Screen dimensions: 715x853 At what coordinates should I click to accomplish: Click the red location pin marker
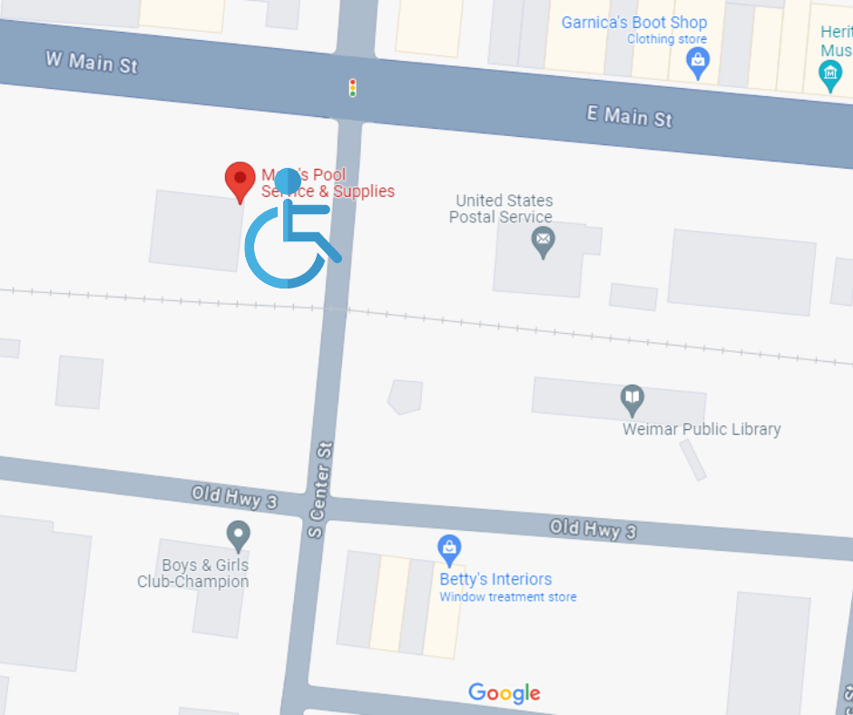pos(240,179)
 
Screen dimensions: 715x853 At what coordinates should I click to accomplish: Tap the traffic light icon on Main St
pos(353,88)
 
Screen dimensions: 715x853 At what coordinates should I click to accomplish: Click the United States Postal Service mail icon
pos(543,241)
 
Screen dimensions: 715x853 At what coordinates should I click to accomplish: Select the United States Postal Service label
pos(503,209)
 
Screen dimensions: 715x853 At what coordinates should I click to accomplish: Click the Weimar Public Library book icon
pos(632,397)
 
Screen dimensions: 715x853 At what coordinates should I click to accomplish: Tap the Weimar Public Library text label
pos(701,429)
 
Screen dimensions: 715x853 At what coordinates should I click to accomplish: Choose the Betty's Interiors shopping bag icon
pos(449,547)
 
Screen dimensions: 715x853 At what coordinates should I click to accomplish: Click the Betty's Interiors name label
pos(495,579)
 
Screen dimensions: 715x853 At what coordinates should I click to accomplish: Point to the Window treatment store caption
pos(507,597)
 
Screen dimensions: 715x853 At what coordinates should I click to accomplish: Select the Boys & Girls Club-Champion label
pos(193,573)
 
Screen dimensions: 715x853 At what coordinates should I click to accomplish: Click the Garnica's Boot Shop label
pos(634,23)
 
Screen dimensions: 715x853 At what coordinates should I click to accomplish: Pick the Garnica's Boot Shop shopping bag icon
pos(697,62)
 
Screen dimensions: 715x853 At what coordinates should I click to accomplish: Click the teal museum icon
pos(830,73)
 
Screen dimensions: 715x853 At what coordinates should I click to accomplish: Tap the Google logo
pos(505,693)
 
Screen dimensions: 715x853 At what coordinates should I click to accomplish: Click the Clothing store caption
pos(667,40)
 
